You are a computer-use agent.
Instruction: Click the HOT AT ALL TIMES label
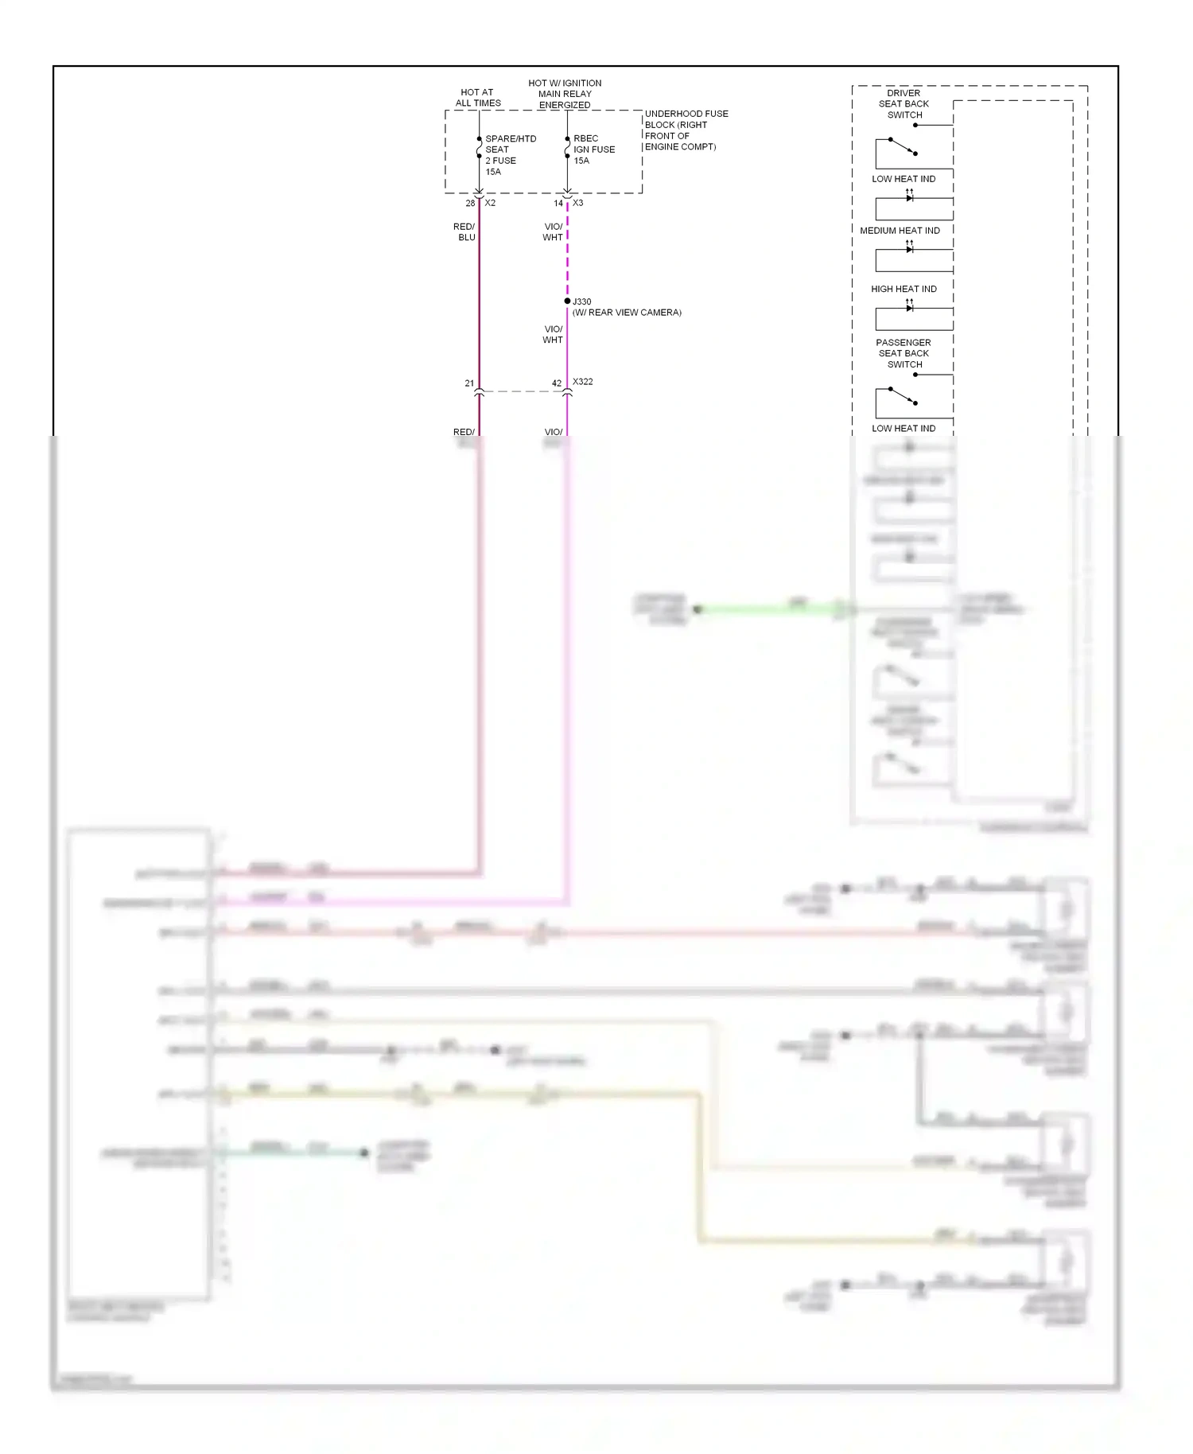pos(478,98)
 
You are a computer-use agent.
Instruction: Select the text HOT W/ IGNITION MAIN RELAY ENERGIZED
pos(565,94)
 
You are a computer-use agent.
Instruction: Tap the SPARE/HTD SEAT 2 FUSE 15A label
pos(510,155)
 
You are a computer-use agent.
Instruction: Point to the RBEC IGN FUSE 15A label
pos(593,150)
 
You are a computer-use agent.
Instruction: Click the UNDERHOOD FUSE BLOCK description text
pos(686,130)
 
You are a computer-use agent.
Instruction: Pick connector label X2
pos(491,203)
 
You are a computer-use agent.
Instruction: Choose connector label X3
pos(578,203)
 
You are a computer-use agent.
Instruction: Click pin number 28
pos(470,204)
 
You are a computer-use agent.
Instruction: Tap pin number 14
pos(558,204)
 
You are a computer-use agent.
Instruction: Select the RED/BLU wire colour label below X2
pos(464,232)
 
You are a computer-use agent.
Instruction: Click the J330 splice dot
pos(567,301)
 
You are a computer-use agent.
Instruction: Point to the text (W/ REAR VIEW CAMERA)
pos(627,313)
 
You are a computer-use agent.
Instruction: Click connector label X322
pos(583,382)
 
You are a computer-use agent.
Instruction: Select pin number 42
pos(557,383)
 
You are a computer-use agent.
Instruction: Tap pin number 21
pos(469,383)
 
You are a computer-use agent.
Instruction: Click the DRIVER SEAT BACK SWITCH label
pos(903,104)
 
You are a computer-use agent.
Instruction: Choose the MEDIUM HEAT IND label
pos(900,231)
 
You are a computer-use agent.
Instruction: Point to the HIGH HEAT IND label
pos(903,289)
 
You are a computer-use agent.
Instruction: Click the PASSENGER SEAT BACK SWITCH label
pos(903,353)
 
